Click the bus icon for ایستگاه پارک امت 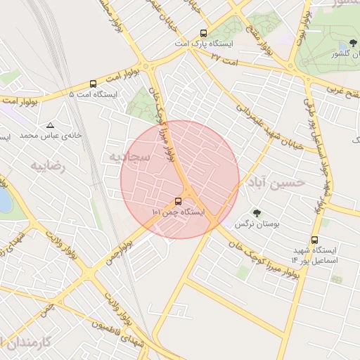[204, 33]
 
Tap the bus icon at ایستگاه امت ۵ [94, 83]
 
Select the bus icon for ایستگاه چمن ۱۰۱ [177, 201]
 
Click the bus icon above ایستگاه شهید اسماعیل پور [314, 240]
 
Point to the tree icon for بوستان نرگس [256, 213]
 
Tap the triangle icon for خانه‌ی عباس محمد [50, 124]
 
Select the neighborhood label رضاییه [47, 166]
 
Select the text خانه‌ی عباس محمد [51, 134]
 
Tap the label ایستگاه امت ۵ [94, 94]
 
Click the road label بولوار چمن [120, 252]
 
